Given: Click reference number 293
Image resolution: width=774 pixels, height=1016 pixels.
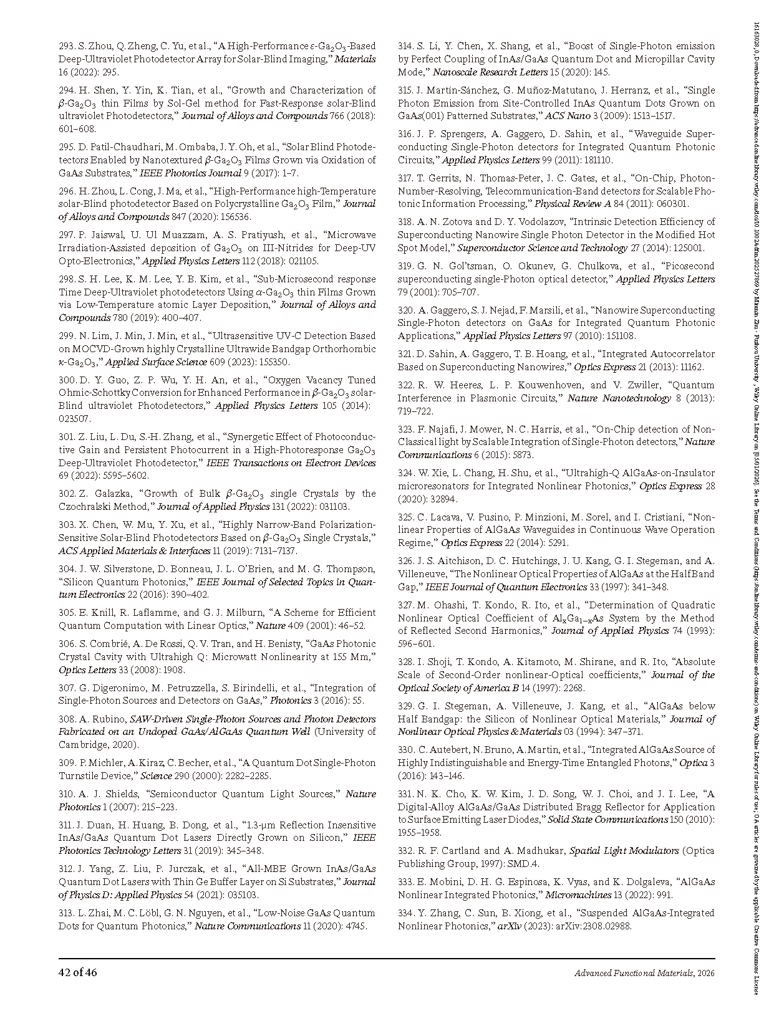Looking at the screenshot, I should tap(67, 46).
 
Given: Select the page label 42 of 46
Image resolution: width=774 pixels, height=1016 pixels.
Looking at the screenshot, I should tap(78, 972).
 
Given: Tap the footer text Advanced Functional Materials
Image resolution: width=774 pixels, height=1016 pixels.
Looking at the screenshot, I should tap(634, 973).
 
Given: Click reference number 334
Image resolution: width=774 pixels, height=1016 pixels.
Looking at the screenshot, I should tap(407, 913).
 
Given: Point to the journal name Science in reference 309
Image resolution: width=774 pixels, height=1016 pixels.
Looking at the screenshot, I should tap(156, 776).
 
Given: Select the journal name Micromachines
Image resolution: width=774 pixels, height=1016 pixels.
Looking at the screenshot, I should tap(578, 895).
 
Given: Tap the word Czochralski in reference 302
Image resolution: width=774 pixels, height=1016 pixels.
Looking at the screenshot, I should tap(85, 507).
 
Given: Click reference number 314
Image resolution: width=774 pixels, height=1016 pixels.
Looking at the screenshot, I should tap(406, 46).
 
